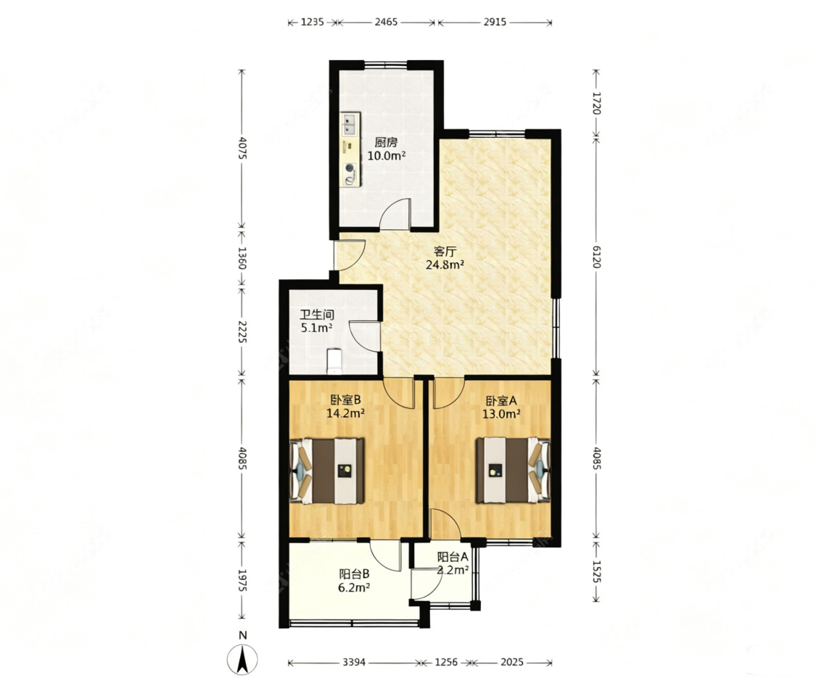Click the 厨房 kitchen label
pyautogui.click(x=386, y=142)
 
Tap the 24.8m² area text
pyautogui.click(x=445, y=265)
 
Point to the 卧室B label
pyautogui.click(x=345, y=400)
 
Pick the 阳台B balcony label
pyautogui.click(x=355, y=574)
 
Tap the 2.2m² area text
pyautogui.click(x=453, y=570)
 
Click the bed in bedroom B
pyautogui.click(x=327, y=471)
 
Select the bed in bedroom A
pyautogui.click(x=513, y=470)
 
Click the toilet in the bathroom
pyautogui.click(x=334, y=361)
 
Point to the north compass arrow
pyautogui.click(x=242, y=660)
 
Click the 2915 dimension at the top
pyautogui.click(x=495, y=22)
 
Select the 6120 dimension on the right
pyautogui.click(x=596, y=256)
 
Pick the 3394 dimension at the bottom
pyautogui.click(x=354, y=662)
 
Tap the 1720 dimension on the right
pyautogui.click(x=596, y=103)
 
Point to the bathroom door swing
pyautogui.click(x=363, y=337)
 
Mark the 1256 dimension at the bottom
pyautogui.click(x=446, y=662)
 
